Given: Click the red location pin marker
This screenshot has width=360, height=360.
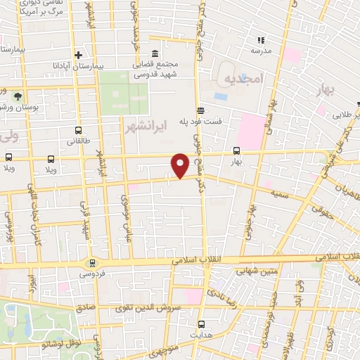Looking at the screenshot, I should click(x=180, y=165).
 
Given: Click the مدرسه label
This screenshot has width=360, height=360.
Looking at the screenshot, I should click(x=261, y=51).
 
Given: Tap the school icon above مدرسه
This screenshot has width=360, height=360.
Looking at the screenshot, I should click(x=261, y=40).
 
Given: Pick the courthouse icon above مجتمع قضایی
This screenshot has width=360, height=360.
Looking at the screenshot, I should click(x=155, y=55).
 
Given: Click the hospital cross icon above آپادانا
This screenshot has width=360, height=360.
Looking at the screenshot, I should click(x=77, y=55).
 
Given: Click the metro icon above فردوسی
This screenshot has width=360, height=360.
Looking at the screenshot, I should click(x=90, y=262).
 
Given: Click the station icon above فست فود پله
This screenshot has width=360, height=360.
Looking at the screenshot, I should click(x=201, y=110).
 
